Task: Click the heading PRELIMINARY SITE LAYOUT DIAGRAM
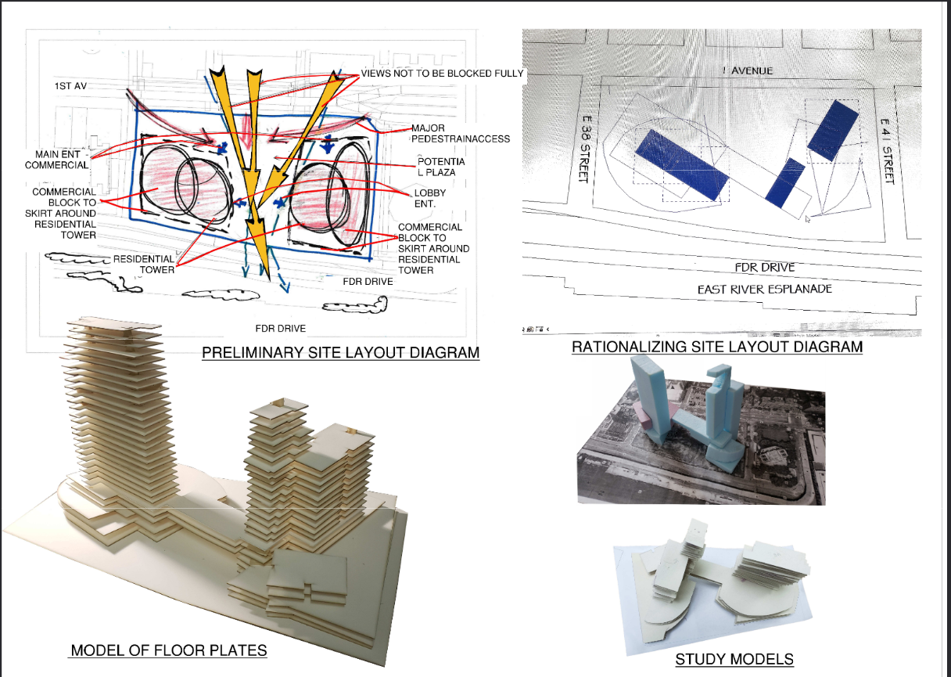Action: [x=340, y=352]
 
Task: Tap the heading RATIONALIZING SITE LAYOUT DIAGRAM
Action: [x=716, y=346]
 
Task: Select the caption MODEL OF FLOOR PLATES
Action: [x=168, y=650]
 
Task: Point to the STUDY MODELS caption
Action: [x=734, y=659]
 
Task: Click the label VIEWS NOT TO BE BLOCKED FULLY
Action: [x=442, y=74]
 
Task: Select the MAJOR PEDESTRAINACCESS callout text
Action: [x=460, y=133]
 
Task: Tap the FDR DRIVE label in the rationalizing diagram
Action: [x=764, y=268]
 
